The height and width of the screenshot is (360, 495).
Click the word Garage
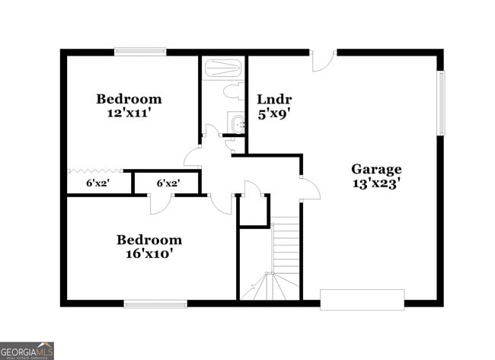(376, 169)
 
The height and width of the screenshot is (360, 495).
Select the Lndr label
(274, 100)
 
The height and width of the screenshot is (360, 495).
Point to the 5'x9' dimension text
(274, 113)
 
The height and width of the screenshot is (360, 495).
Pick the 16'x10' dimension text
(149, 254)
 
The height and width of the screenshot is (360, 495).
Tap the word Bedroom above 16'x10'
(149, 240)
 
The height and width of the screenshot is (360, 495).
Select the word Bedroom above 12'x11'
(129, 99)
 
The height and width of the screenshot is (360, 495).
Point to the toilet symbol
(232, 91)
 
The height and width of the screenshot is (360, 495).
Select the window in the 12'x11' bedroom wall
(140, 53)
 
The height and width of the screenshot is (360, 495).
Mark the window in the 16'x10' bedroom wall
(155, 303)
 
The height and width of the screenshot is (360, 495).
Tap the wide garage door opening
(362, 299)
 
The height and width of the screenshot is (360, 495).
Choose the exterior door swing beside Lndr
(322, 61)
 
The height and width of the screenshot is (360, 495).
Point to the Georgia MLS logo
(27, 350)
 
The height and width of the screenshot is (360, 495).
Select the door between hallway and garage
(308, 189)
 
